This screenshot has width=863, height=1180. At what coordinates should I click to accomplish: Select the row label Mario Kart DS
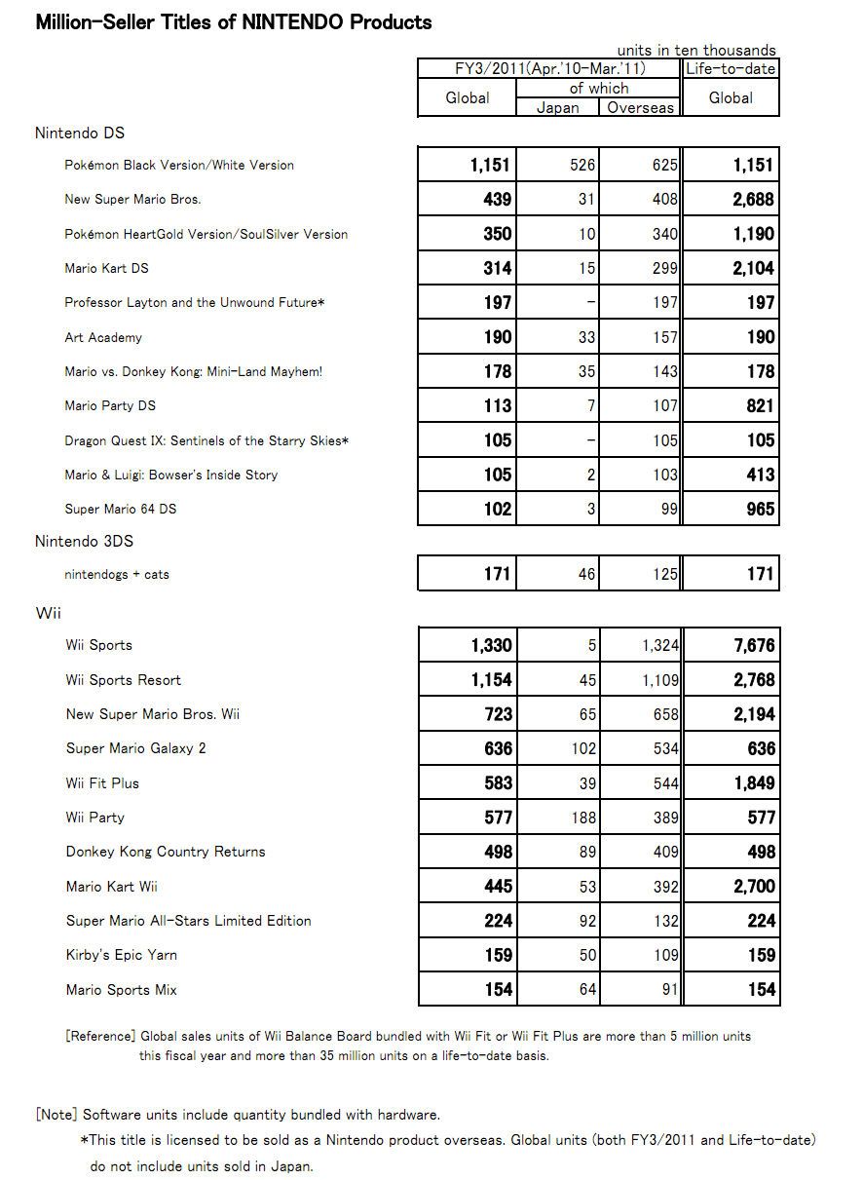click(x=106, y=268)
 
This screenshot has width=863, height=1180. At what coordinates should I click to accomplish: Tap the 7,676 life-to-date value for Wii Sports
click(x=754, y=645)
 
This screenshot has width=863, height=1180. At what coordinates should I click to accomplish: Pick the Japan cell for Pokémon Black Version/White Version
click(x=582, y=166)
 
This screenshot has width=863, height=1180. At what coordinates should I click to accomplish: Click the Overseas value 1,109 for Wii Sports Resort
click(x=658, y=680)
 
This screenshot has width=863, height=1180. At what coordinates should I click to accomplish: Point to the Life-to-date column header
click(x=731, y=68)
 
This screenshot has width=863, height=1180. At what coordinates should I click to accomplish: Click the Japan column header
click(x=557, y=107)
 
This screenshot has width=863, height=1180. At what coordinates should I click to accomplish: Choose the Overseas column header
click(x=640, y=107)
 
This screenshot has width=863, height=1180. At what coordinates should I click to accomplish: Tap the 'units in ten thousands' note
click(x=696, y=50)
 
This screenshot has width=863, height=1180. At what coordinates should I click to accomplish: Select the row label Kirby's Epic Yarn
click(x=121, y=955)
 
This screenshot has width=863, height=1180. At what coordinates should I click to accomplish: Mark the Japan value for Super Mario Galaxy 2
click(x=582, y=749)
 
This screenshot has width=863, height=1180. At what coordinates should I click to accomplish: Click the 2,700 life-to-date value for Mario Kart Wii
click(x=754, y=887)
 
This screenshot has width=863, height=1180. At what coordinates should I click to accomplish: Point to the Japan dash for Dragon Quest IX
click(x=590, y=440)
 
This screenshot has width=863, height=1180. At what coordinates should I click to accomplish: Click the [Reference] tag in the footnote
click(x=100, y=1036)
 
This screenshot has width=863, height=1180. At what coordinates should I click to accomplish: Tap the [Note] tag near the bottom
click(x=56, y=1114)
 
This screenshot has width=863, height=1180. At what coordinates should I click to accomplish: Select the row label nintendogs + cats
click(x=117, y=575)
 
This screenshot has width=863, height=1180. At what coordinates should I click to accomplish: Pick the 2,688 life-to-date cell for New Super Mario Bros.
click(x=754, y=200)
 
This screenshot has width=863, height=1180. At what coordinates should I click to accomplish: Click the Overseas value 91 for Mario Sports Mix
click(x=667, y=990)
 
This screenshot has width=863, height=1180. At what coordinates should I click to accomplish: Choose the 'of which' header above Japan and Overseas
click(x=598, y=88)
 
